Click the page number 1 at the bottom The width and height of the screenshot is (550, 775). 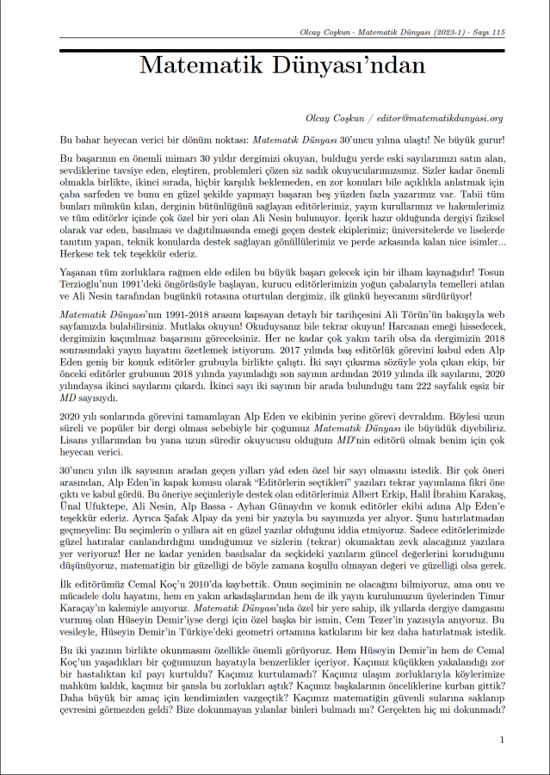502,740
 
